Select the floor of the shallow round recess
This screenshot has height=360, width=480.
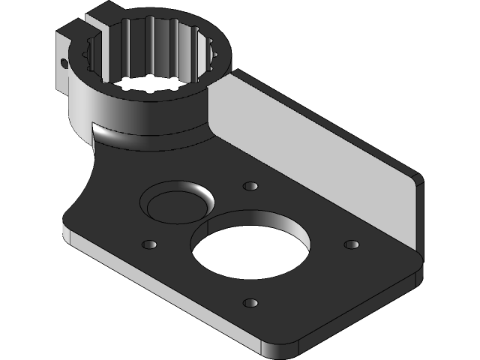click(x=174, y=205)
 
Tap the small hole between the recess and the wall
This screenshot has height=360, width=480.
click(x=251, y=185)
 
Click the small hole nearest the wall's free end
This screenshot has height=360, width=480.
click(x=350, y=244)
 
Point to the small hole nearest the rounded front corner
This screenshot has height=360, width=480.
click(x=250, y=303)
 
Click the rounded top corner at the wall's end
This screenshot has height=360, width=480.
click(x=416, y=177)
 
